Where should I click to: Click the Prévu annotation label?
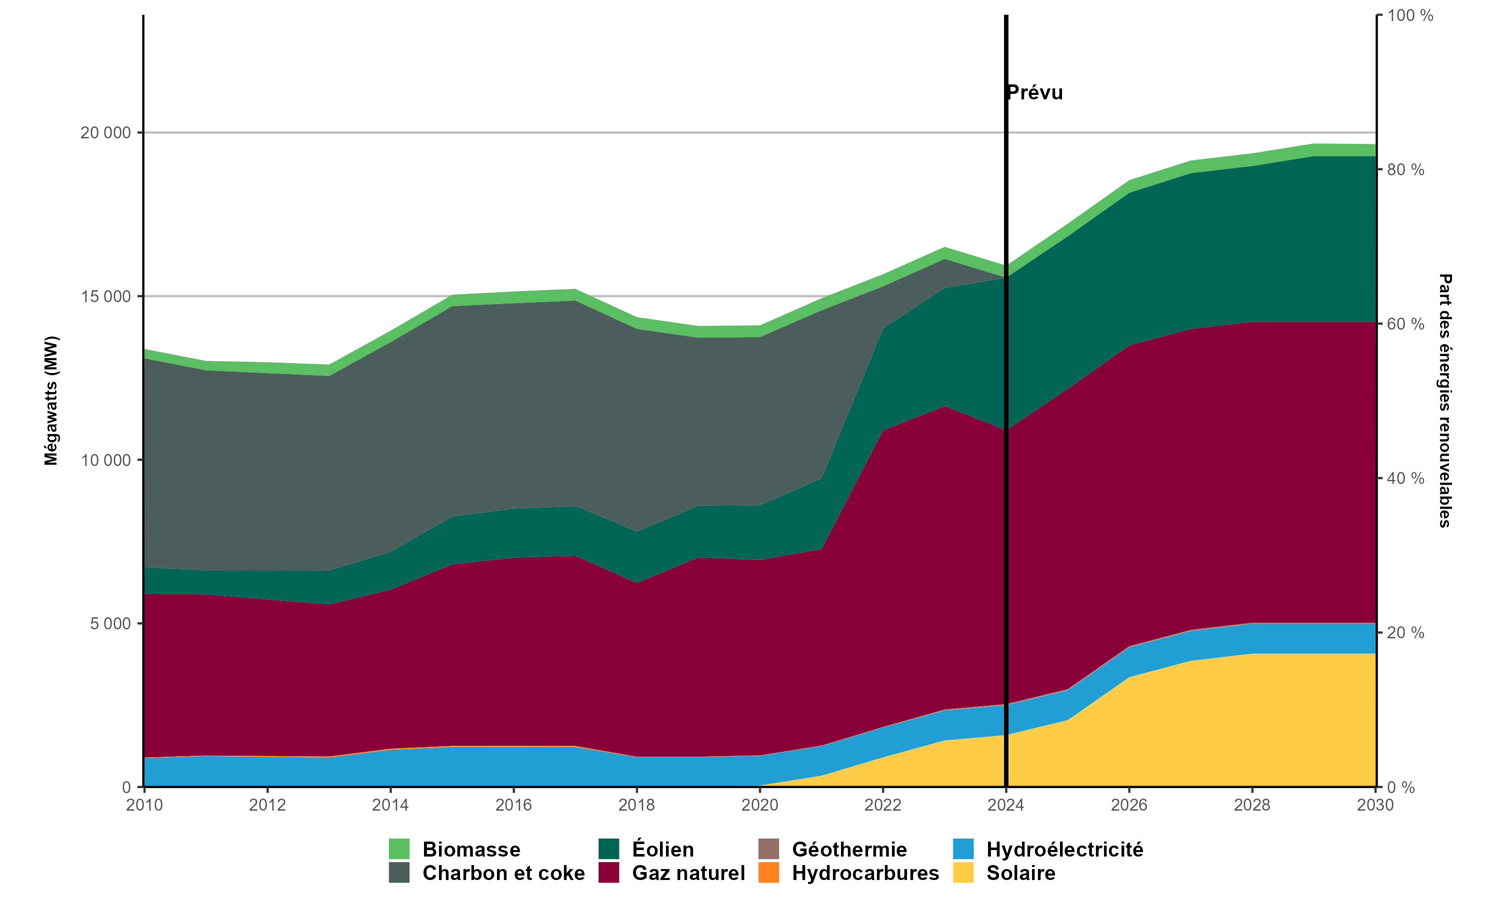(x=1035, y=93)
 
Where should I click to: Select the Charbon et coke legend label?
(x=503, y=873)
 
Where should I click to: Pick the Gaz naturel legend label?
(x=688, y=873)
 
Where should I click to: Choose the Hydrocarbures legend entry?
(x=865, y=873)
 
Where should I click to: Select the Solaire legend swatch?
(x=963, y=873)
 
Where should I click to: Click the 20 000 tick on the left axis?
(x=105, y=133)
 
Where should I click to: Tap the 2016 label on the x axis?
(x=513, y=805)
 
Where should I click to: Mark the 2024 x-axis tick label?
(x=1006, y=805)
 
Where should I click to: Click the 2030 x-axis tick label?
(x=1375, y=805)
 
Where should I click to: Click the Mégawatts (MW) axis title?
(x=51, y=401)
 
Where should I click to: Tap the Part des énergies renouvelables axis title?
(x=1445, y=401)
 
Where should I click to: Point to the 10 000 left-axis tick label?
(x=105, y=460)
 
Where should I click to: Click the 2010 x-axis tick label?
(x=144, y=805)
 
